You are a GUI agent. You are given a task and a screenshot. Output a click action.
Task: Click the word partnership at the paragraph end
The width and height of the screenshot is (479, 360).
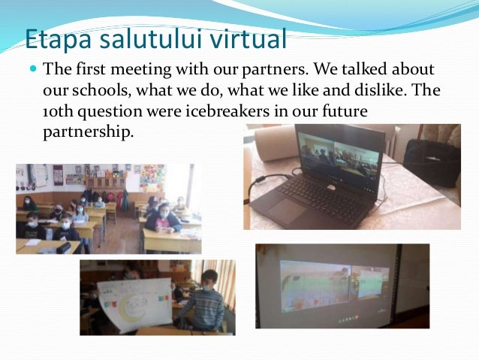pos(86,131)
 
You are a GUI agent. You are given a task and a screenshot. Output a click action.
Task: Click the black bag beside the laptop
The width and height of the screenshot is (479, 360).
pos(431,161)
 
